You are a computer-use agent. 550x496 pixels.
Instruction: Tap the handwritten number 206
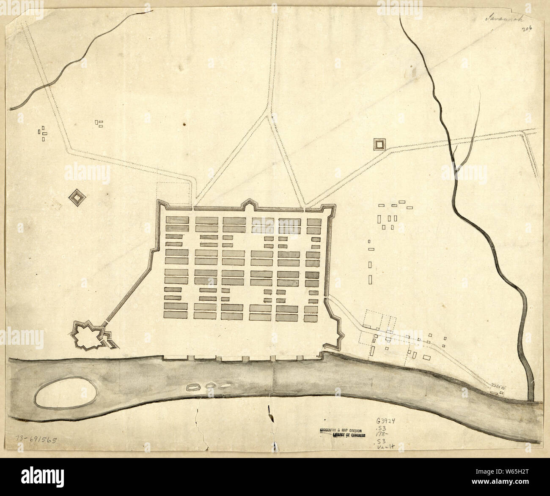(527, 29)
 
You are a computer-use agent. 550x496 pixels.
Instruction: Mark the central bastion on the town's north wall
(249, 206)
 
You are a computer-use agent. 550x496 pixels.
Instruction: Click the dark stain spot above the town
(184, 124)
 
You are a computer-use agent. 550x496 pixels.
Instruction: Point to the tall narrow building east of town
(371, 279)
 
